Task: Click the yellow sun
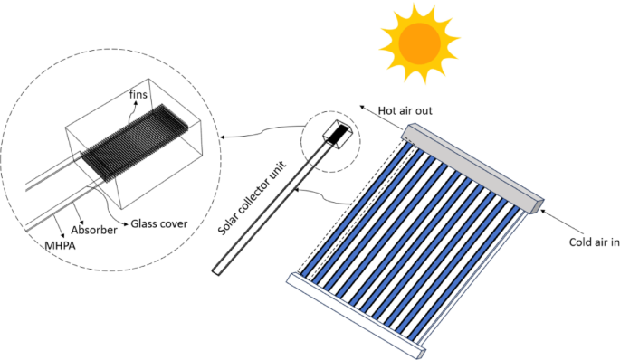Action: click(x=419, y=41)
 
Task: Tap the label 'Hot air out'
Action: click(x=405, y=110)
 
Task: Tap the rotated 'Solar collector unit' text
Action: click(x=253, y=198)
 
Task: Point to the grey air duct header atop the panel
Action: click(x=472, y=164)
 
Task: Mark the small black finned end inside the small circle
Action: click(x=337, y=133)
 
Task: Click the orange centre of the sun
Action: click(x=419, y=41)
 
